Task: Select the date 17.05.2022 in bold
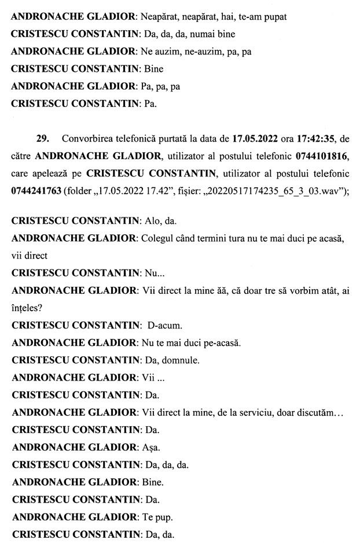257,139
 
